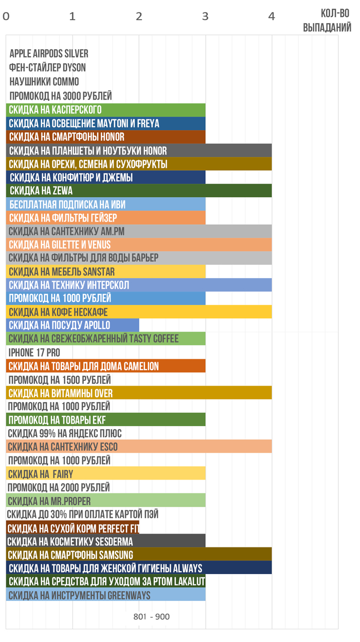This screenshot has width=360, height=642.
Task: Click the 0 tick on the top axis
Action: [6, 16]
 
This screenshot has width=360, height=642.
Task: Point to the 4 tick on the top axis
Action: [272, 16]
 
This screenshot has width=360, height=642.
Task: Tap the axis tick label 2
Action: [139, 16]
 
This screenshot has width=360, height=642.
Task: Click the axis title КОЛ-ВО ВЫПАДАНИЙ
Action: [327, 21]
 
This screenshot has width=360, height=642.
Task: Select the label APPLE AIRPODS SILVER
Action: [49, 53]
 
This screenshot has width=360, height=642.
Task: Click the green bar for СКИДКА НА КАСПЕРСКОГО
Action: [105, 110]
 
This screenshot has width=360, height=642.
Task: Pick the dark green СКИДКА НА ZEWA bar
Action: [139, 191]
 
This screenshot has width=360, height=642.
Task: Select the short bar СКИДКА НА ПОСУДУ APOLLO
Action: [73, 325]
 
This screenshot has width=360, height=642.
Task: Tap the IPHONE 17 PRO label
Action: [34, 353]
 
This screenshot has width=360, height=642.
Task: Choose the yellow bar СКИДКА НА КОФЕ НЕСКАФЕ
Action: [139, 312]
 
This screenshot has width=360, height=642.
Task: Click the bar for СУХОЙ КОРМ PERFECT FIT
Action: [73, 528]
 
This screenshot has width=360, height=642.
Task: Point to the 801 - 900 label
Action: [151, 617]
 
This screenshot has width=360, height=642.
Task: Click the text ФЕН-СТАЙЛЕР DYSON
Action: [47, 68]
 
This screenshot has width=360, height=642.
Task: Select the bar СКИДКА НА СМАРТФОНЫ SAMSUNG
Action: [139, 555]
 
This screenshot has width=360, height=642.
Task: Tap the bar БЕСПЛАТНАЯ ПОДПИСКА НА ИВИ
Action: [105, 204]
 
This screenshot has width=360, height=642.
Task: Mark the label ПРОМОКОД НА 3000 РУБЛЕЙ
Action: [60, 96]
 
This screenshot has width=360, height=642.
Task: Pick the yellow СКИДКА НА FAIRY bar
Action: [105, 474]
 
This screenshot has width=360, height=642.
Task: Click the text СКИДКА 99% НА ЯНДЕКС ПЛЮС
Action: [65, 434]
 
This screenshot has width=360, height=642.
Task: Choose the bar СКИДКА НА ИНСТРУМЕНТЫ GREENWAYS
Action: [105, 595]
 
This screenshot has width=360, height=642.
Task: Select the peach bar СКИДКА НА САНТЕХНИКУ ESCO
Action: [139, 447]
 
